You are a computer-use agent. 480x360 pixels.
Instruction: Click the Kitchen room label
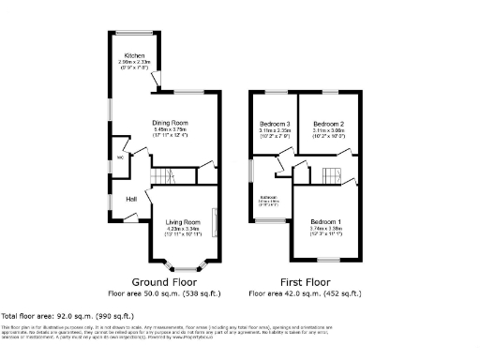tap(122, 55)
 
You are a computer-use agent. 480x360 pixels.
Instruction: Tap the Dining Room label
tap(171, 123)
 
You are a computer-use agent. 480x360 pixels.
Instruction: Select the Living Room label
tap(182, 221)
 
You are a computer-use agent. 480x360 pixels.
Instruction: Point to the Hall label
tap(132, 199)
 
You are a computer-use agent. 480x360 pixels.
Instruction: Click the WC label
tap(120, 157)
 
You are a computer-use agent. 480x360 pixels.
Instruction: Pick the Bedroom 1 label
tap(325, 221)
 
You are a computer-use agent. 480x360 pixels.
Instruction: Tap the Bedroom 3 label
tap(275, 123)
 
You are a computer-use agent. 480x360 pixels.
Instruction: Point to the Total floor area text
tap(67, 317)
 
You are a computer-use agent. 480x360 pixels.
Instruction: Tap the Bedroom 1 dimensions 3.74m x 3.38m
tap(325, 228)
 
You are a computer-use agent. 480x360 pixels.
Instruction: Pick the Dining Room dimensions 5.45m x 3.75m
tap(171, 129)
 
